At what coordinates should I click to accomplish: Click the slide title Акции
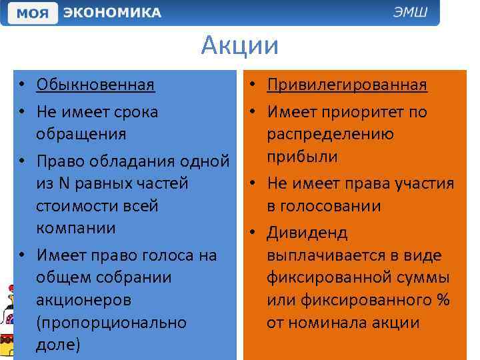click(x=239, y=46)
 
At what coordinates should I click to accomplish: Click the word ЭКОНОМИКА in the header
click(x=112, y=13)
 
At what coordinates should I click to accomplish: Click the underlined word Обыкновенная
click(x=95, y=85)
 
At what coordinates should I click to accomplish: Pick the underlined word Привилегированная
click(x=347, y=85)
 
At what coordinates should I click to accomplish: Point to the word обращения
click(x=81, y=134)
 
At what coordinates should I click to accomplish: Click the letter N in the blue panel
click(x=63, y=183)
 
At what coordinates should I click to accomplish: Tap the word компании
click(x=76, y=228)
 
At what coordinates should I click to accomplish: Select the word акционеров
click(x=84, y=300)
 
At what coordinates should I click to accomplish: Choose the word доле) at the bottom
click(x=58, y=345)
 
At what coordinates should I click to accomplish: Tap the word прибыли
click(x=302, y=157)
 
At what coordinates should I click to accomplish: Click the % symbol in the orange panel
click(x=443, y=300)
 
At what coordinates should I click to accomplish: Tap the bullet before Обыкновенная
click(x=22, y=85)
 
